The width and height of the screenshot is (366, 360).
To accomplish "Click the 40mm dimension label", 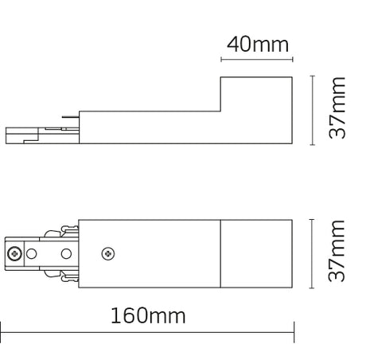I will tap(257, 44).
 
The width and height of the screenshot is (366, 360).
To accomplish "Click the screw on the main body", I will tap(108, 253).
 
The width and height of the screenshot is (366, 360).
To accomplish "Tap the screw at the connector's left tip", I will tap(14, 254).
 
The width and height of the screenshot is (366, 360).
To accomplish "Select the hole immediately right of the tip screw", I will tap(32, 254).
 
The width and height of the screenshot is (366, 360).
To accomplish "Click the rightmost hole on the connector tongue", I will tap(67, 254).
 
